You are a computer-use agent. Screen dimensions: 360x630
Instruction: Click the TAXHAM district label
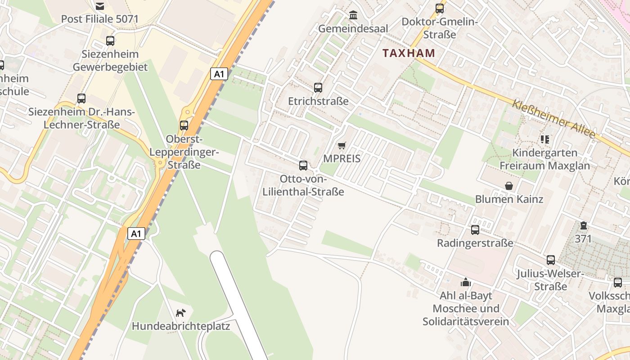click(409, 53)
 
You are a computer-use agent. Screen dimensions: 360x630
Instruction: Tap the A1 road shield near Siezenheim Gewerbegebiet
click(219, 74)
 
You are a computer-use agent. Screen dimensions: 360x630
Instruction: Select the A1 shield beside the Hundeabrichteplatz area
click(137, 234)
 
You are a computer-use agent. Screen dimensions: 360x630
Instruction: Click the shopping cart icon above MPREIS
click(342, 145)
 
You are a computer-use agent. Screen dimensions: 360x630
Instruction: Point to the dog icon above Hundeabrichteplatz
click(180, 313)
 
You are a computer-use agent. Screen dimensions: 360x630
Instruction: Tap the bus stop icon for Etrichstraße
click(318, 88)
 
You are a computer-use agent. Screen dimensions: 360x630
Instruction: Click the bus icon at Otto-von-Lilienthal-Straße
click(303, 166)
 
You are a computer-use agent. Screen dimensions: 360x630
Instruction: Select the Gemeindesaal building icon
click(353, 15)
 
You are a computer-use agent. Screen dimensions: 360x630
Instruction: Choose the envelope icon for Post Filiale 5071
click(99, 6)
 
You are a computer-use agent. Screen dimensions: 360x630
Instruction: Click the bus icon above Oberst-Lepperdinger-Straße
click(184, 126)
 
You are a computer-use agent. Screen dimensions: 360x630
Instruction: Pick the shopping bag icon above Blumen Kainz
click(509, 186)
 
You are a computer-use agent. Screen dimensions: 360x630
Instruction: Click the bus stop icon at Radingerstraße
click(475, 230)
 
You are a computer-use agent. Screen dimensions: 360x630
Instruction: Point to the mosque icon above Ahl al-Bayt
click(466, 282)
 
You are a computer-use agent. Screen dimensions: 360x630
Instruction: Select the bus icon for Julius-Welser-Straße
click(551, 260)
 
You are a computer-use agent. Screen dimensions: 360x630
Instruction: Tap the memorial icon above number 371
click(584, 225)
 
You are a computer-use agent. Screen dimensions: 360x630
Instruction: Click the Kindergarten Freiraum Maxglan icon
click(545, 139)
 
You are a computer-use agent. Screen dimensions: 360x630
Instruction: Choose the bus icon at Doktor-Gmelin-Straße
click(440, 9)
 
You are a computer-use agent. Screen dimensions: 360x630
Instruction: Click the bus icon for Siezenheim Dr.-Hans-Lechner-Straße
click(81, 99)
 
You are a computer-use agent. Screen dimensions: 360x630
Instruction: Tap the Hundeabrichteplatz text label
click(180, 326)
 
